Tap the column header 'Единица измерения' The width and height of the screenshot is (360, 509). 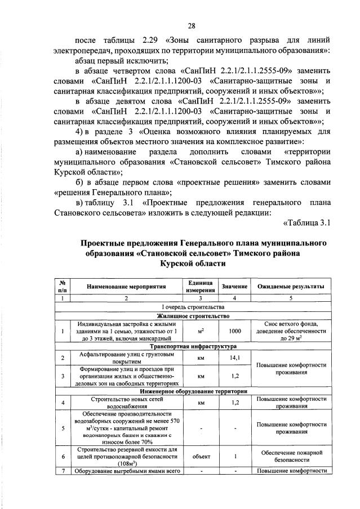pos(200,287)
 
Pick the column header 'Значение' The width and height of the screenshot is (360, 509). pos(235,287)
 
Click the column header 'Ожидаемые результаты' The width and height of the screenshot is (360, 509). pos(291,287)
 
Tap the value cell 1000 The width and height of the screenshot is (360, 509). pos(235,331)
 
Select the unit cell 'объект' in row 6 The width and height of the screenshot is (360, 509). pos(200,457)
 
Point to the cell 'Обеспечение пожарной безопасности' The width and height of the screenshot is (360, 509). pos(291,457)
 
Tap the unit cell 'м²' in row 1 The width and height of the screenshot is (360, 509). pos(200,331)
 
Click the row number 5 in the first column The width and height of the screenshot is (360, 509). pos(62,427)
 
